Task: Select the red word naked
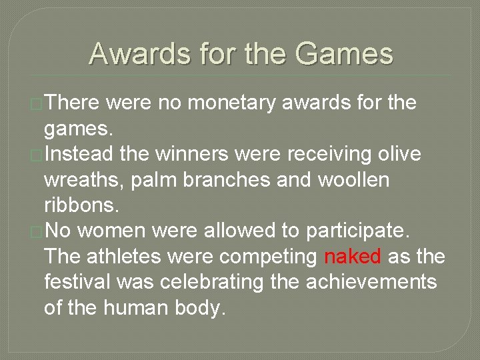click(352, 257)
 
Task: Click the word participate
click(359, 231)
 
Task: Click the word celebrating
click(205, 282)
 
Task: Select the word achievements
click(371, 282)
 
